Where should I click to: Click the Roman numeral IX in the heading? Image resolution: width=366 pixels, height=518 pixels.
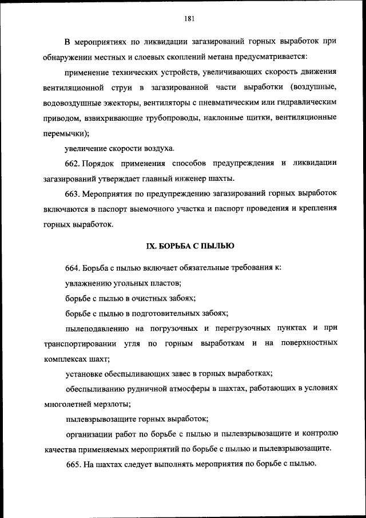coord(151,246)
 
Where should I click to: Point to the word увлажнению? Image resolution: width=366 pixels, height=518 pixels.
coord(87,283)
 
